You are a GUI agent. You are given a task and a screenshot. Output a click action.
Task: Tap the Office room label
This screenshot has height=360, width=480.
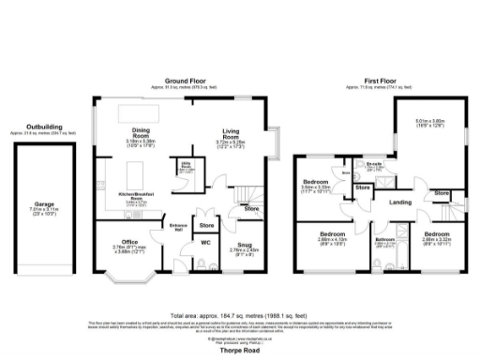click(130, 241)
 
